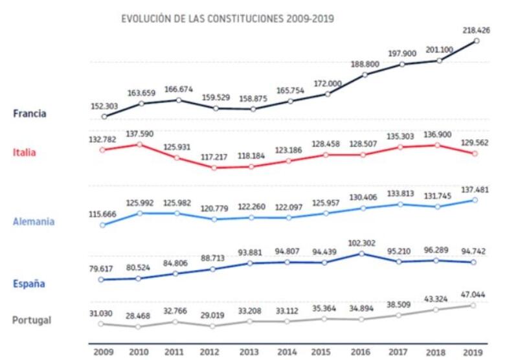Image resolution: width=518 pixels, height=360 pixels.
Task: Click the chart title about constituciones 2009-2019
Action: pos(227,19)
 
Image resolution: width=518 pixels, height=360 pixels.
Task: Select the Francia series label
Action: pos(30,113)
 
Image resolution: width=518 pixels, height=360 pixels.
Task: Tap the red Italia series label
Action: pos(24,153)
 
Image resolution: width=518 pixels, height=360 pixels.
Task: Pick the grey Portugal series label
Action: pos(32,320)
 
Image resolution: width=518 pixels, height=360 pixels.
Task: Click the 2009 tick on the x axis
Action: pos(103,352)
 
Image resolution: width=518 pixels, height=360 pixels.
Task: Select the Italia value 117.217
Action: pos(214,156)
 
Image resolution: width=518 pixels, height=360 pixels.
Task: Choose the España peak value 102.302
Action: pos(363,242)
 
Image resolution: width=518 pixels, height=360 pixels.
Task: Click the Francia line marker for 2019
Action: pos(477,41)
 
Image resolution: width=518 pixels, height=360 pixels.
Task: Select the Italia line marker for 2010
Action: pos(139,144)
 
